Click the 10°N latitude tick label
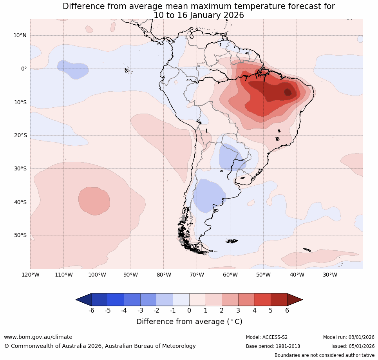pos(20,35)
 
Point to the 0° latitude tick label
pos(24,69)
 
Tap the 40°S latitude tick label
pos(20,202)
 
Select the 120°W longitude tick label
pos(30,275)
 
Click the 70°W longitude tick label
pos(197,275)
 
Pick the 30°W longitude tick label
pos(330,275)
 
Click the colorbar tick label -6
pos(91,311)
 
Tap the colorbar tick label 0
pos(189,311)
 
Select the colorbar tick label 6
pos(287,311)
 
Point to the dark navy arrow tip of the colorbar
pos(83,300)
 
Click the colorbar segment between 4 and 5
pos(262,300)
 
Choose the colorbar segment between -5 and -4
pos(116,300)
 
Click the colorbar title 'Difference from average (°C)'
pos(189,322)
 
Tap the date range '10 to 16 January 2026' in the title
pos(199,15)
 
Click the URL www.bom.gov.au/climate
pos(38,337)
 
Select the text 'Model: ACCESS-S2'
pos(267,337)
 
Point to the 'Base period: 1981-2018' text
pos(273,346)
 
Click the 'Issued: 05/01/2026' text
pos(353,346)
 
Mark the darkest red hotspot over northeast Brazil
pos(288,92)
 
